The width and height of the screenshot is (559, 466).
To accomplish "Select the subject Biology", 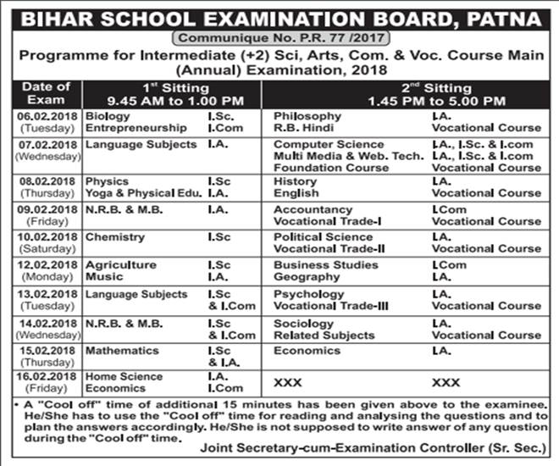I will (x=108, y=116).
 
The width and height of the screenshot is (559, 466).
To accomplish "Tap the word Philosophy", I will (x=307, y=116).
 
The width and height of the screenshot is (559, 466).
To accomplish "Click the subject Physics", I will (x=107, y=181).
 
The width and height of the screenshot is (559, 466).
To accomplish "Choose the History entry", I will (x=296, y=181).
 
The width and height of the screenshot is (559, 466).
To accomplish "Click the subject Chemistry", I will (x=115, y=237).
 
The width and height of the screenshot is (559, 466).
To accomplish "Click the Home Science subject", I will (x=124, y=377).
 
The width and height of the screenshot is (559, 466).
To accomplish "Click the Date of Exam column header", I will (x=46, y=93).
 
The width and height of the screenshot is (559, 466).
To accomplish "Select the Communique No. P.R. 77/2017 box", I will (x=279, y=36).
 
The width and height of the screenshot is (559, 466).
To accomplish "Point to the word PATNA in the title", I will (x=498, y=15).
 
